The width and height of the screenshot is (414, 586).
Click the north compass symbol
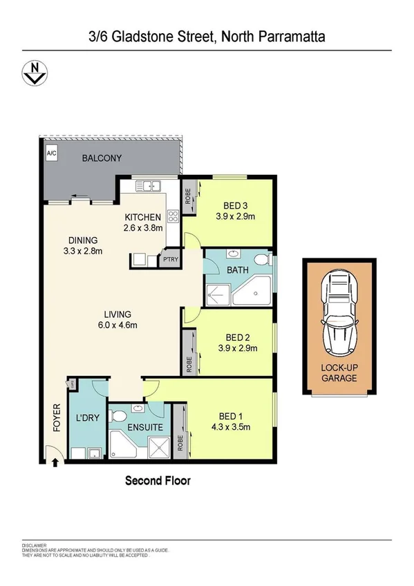point(32,70)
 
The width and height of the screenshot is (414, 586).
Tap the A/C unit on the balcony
point(50,153)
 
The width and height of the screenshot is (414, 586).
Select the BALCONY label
point(102,158)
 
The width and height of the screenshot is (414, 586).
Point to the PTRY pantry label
point(169,260)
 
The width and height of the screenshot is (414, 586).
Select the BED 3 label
point(237,205)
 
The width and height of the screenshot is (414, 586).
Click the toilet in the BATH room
point(261,259)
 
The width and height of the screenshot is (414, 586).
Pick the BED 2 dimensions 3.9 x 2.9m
point(237,348)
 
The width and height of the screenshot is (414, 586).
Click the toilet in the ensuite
point(120,417)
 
